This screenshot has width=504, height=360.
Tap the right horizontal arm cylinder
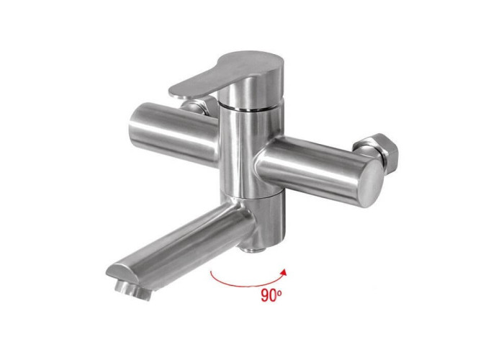[318, 171]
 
